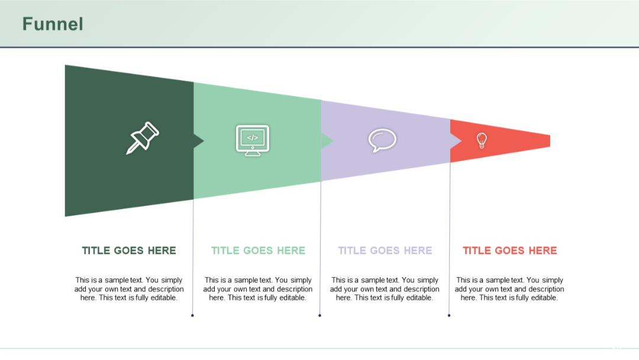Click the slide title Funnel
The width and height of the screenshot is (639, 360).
(53, 24)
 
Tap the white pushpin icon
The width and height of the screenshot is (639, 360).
(143, 138)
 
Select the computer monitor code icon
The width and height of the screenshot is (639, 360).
(253, 140)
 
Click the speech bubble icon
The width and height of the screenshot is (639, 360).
(382, 140)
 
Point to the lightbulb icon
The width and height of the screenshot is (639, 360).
(482, 140)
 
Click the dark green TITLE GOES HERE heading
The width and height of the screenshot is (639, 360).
(129, 250)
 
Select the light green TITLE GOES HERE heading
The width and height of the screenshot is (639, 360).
(258, 250)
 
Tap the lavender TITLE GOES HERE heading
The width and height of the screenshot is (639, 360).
(385, 250)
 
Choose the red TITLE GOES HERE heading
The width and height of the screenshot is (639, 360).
(510, 250)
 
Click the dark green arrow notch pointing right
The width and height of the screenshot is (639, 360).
(198, 141)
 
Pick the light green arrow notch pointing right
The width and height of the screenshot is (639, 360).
(327, 141)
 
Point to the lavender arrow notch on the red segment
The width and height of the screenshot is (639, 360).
(456, 141)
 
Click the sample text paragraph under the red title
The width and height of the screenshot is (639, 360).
(509, 289)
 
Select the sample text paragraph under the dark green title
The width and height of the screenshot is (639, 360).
(129, 289)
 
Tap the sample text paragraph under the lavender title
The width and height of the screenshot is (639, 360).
(385, 289)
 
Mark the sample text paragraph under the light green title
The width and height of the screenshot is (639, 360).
(258, 289)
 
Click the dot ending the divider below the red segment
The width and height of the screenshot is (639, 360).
(449, 316)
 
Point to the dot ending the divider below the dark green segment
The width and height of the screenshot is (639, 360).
(192, 316)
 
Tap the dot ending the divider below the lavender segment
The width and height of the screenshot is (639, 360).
(319, 316)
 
